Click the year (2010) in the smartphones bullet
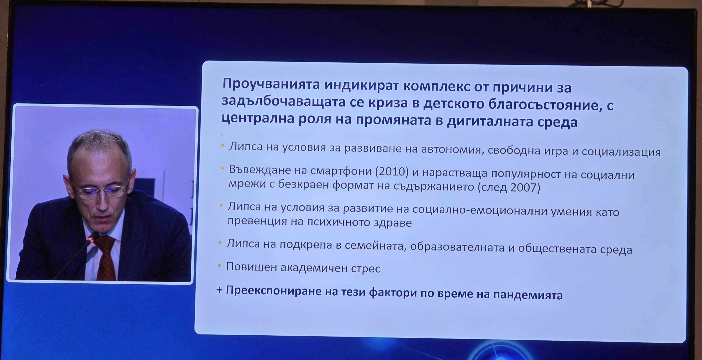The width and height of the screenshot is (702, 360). [392, 171]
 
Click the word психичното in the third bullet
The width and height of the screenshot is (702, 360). [338, 222]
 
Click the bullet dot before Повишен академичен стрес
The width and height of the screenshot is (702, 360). [219, 265]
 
